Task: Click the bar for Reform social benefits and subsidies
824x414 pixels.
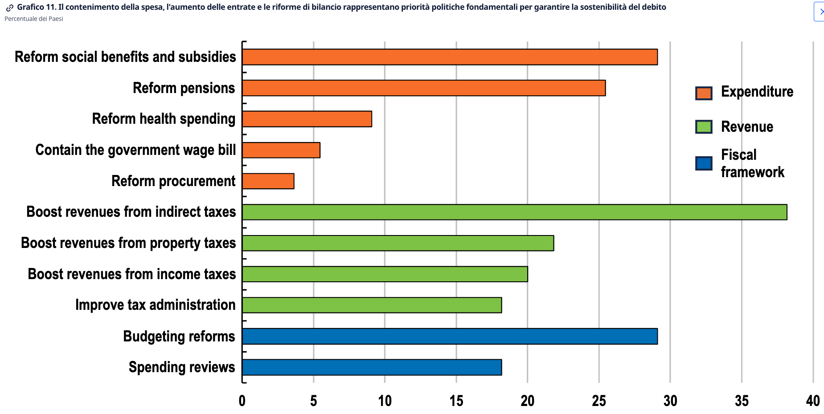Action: (x=450, y=57)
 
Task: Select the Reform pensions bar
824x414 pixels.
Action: (x=424, y=88)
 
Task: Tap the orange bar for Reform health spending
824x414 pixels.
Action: (x=307, y=119)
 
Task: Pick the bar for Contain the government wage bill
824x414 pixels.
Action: (x=281, y=150)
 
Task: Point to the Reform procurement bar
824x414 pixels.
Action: (x=268, y=181)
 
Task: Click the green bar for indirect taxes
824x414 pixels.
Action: (x=515, y=212)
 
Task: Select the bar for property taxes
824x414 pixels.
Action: (x=398, y=243)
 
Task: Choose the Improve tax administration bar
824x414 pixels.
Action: (x=372, y=305)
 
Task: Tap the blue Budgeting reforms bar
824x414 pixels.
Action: (x=450, y=336)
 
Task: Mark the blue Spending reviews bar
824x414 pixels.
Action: (x=372, y=367)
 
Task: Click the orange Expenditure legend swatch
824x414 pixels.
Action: (x=704, y=93)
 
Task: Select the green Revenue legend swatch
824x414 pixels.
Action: (x=704, y=127)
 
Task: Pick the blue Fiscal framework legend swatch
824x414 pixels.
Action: (x=704, y=163)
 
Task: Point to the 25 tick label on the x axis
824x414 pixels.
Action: (x=599, y=401)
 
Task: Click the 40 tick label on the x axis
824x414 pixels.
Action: (x=812, y=401)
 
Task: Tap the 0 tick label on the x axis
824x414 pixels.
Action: (x=242, y=401)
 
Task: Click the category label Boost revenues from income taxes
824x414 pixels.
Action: (x=131, y=274)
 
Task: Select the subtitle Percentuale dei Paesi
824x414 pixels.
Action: (x=34, y=19)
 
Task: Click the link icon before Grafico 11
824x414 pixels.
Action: (x=9, y=8)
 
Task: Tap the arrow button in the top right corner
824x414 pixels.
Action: (x=820, y=12)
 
